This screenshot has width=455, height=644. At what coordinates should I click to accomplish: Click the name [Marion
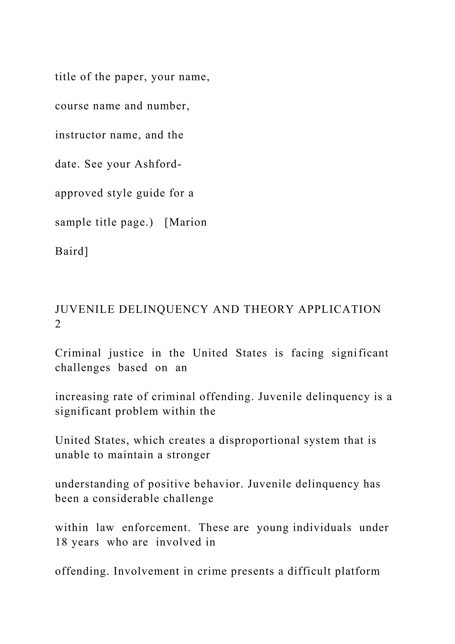pos(186,222)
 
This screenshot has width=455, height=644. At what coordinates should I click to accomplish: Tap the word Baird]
pos(72,251)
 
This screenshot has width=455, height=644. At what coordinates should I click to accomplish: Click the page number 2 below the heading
pos(58,324)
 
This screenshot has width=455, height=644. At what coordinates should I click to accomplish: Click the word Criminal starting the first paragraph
pos(78,353)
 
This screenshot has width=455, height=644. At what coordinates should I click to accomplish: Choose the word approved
pos(79,193)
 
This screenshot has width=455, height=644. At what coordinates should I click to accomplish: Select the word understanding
pos(92,484)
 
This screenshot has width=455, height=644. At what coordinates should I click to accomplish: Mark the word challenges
pos(83,368)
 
